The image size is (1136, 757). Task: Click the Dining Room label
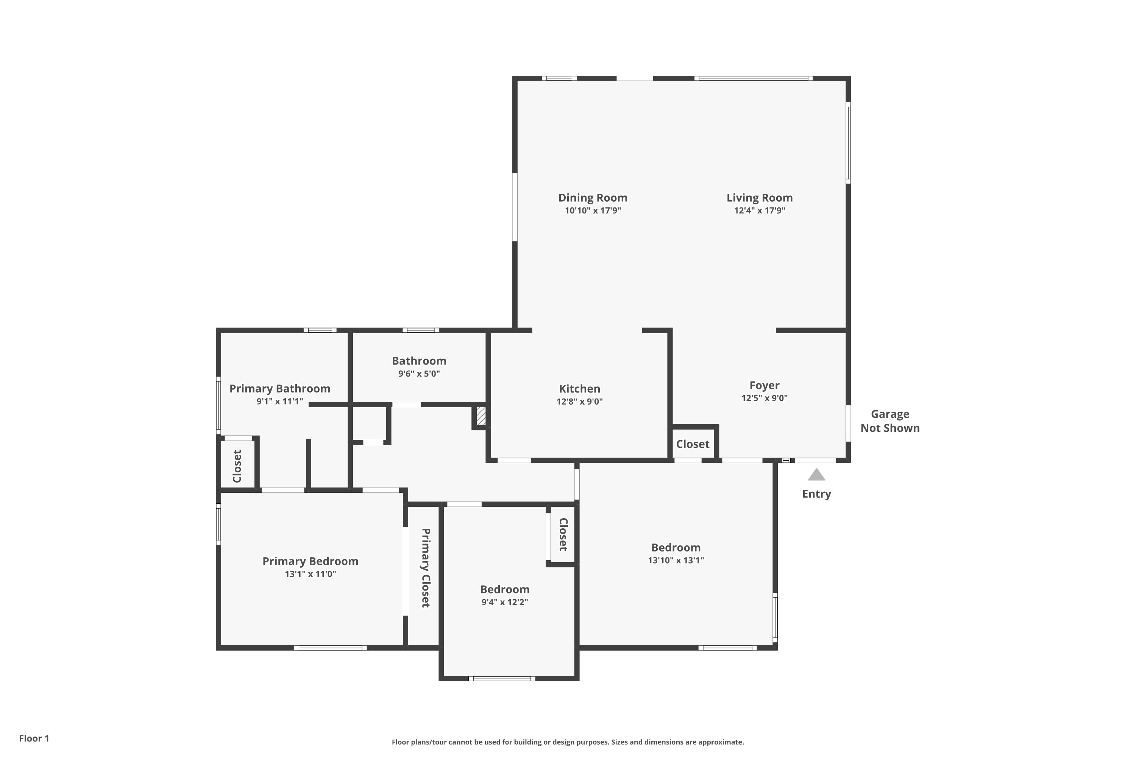pos(593,198)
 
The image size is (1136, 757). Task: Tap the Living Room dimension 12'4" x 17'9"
pos(759,210)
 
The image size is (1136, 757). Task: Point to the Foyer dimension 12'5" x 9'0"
pos(764,398)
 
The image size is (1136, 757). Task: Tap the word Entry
pos(816,494)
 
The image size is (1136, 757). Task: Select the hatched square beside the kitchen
pos(481,416)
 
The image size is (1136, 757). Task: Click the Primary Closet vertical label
pos(425,567)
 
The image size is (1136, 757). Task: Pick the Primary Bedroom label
pos(310,561)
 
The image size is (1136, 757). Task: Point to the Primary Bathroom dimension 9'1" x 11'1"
pos(280,401)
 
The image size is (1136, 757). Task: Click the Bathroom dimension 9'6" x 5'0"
pos(419,374)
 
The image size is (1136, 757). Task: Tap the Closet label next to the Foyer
pos(692,444)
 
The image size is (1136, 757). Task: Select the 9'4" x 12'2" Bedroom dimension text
pos(504,602)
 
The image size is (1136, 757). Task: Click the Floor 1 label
pos(34,738)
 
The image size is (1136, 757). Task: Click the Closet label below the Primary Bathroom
pos(237,466)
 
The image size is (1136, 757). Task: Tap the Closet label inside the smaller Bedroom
pos(563,534)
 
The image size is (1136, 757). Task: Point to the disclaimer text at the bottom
pos(568,742)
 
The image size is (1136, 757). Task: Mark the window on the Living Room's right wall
pos(848,143)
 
